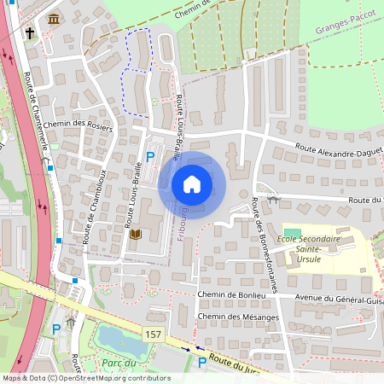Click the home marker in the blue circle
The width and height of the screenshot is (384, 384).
pos(192,184)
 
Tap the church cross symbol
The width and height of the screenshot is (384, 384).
pos(30,33)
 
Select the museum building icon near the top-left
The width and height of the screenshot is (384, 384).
pos(54,19)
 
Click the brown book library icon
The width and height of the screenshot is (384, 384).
pos(135,233)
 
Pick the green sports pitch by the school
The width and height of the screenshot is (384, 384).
pos(293,232)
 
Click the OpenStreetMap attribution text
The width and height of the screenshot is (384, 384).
pos(86,378)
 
